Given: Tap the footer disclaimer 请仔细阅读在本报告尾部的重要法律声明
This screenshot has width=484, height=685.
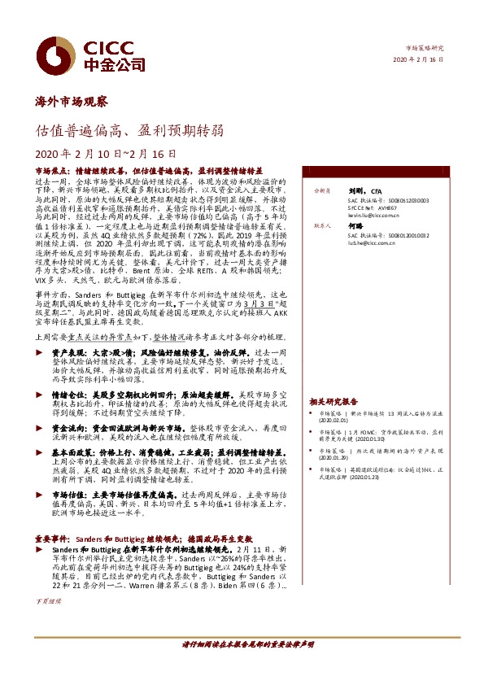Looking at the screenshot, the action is click(243, 644).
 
